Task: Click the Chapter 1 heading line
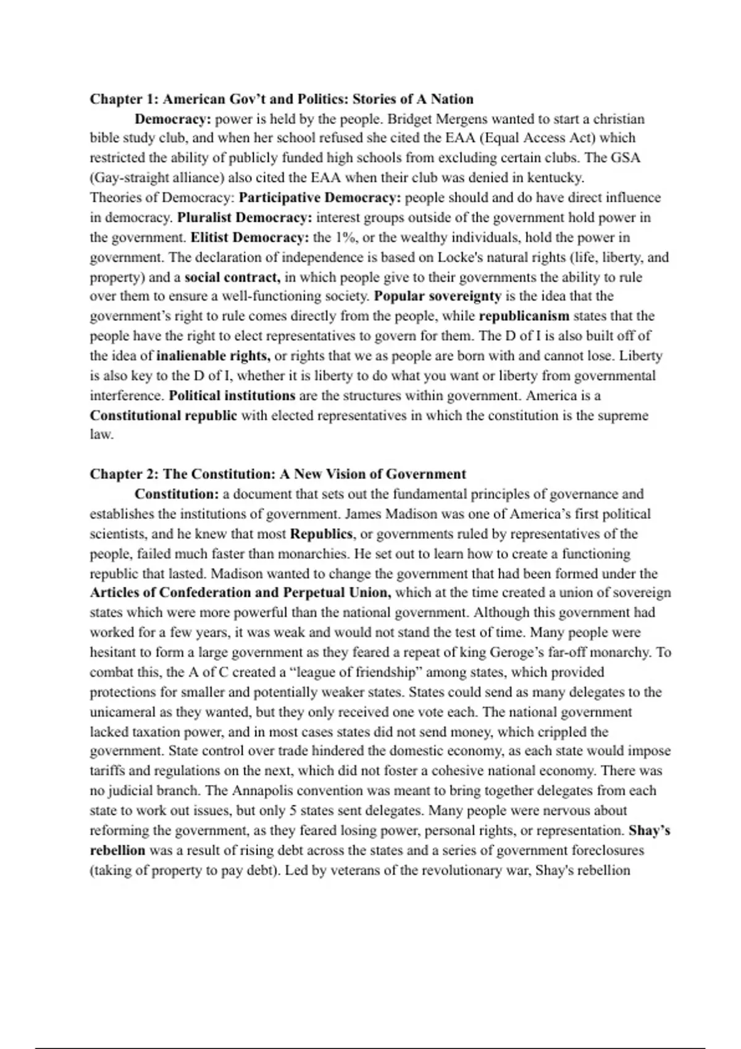tap(282, 99)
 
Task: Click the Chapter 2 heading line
tap(278, 474)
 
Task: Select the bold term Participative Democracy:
tap(320, 198)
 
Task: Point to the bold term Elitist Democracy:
tap(249, 238)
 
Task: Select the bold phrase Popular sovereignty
tap(437, 296)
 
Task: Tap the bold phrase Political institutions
tap(232, 396)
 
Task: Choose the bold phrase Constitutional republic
tap(164, 415)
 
